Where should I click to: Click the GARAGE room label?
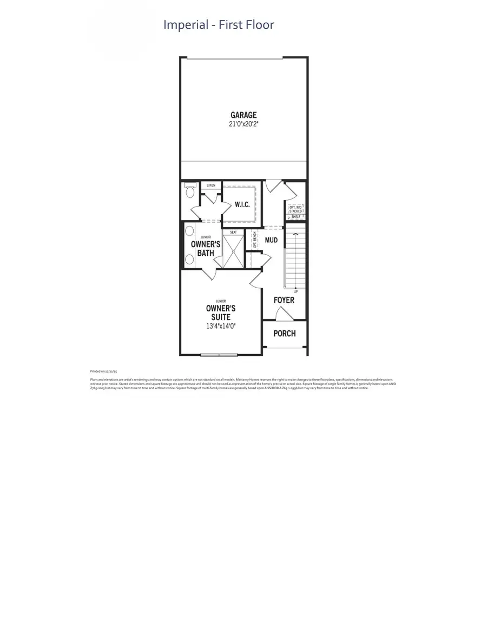243,115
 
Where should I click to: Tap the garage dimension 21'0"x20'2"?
243,124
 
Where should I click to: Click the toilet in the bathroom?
189,191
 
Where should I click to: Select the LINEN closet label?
211,185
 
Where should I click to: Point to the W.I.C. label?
241,204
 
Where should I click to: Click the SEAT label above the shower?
234,232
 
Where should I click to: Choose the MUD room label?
271,240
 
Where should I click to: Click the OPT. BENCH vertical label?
254,239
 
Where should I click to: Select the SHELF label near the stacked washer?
295,217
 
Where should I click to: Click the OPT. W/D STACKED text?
295,209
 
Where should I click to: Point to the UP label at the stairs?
295,291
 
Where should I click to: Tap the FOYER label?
284,300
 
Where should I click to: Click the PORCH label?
285,333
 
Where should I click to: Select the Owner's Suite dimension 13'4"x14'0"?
220,326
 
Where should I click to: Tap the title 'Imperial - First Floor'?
219,25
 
